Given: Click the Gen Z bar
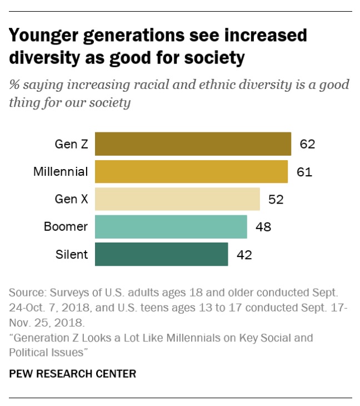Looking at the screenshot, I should click(193, 144).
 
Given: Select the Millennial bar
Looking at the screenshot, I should click(191, 171).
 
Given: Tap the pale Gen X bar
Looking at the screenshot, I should click(177, 199).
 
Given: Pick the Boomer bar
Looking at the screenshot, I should click(171, 226).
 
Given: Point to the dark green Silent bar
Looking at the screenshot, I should click(161, 254).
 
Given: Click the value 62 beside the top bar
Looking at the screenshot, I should click(307, 145).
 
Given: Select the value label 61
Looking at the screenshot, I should click(304, 172).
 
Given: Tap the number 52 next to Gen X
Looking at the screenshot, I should click(276, 199).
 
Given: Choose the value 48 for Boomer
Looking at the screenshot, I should click(263, 227).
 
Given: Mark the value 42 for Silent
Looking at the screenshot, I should click(244, 255).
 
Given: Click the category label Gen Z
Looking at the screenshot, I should click(71, 145).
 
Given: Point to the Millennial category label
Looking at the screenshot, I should click(61, 172).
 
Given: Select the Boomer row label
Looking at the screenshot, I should click(66, 227).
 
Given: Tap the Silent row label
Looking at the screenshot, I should click(72, 255).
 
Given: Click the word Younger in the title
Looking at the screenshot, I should click(44, 36).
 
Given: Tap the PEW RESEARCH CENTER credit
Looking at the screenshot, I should click(72, 374).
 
